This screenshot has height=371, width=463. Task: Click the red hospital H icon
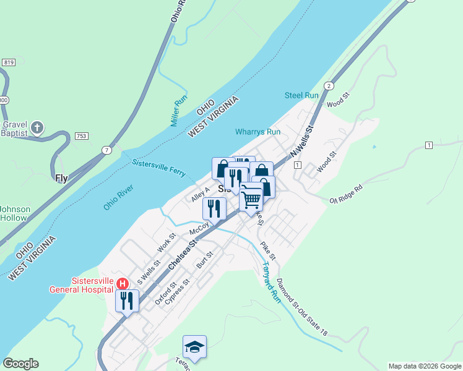[123, 284]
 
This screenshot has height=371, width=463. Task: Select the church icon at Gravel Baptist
[37, 128]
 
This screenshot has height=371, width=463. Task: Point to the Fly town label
[61, 178]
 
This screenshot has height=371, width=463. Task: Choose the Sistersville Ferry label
[159, 167]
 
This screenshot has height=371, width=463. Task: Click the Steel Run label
[301, 95]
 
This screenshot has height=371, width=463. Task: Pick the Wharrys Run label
[258, 132]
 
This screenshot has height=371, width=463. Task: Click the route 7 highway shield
[106, 150]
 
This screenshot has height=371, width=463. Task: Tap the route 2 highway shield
[329, 85]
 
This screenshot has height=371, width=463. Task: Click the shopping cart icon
[251, 199]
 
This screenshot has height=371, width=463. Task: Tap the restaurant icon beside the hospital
[127, 301]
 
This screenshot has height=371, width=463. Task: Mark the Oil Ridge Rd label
[345, 194]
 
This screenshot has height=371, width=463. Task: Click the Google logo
[20, 364]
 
